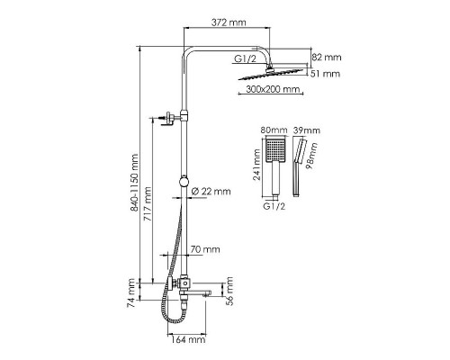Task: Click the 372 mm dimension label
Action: click(229, 22)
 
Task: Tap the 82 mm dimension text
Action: click(327, 57)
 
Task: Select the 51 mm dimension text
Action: click(325, 74)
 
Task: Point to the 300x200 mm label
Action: click(273, 89)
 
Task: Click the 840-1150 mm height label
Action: click(134, 183)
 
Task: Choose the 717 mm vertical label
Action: click(148, 204)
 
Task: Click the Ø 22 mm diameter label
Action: click(211, 191)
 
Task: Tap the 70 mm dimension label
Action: click(205, 249)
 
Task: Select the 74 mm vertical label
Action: click(131, 293)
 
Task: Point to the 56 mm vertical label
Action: click(229, 291)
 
